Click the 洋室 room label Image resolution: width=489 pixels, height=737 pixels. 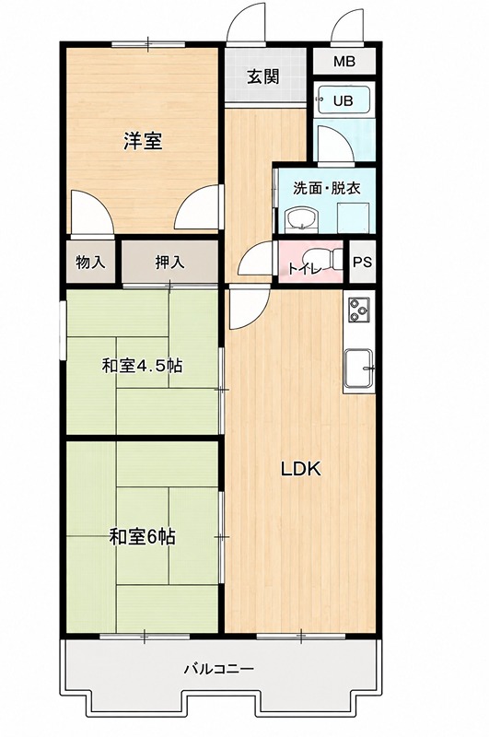(x=144, y=141)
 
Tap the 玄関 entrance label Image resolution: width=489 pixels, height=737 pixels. (x=263, y=76)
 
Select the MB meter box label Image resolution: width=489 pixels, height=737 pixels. (x=344, y=61)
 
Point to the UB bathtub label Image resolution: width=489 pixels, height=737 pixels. (x=343, y=101)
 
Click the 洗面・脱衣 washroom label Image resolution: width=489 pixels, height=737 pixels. (x=327, y=188)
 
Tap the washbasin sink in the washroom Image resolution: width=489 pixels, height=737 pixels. (x=302, y=219)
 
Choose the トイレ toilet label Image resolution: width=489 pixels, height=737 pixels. (x=305, y=269)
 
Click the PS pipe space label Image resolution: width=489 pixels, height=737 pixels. (x=362, y=262)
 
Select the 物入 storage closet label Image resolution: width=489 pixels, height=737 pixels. (x=90, y=263)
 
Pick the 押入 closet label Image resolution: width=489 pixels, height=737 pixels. (x=170, y=263)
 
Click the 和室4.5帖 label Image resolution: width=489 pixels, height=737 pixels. (x=143, y=365)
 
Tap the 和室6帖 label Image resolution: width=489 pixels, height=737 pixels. (x=143, y=536)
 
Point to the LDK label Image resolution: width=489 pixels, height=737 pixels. (x=300, y=469)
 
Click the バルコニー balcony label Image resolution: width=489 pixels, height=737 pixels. (x=219, y=668)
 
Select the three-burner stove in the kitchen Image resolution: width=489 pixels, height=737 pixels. (x=359, y=310)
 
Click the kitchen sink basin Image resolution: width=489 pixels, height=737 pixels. (x=358, y=368)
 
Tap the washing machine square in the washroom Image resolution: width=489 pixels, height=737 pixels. (x=353, y=217)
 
